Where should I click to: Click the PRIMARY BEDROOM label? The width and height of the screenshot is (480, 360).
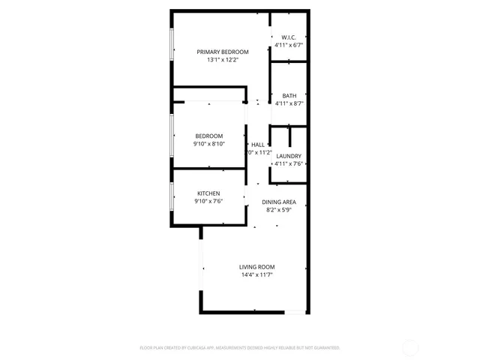[222, 52]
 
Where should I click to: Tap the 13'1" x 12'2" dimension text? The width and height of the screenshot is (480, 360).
[222, 60]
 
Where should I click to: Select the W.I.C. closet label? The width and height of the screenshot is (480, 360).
[289, 37]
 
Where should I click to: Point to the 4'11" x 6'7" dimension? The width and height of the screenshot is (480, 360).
[289, 46]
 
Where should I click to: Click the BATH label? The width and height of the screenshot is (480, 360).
[289, 95]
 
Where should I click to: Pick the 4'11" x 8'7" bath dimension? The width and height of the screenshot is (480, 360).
[289, 103]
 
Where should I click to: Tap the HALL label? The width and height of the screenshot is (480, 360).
[258, 145]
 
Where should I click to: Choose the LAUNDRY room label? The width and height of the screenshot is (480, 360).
[289, 156]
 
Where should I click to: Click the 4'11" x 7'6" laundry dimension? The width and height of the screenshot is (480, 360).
[289, 164]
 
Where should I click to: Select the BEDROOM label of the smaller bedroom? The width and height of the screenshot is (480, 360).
[209, 136]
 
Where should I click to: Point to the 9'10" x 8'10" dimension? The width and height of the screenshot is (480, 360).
[209, 144]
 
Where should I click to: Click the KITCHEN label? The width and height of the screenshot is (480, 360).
[208, 193]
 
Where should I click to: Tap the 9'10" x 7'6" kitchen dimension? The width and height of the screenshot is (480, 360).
[208, 202]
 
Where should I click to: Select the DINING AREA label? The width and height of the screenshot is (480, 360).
[278, 202]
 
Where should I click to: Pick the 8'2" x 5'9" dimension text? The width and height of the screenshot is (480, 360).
[278, 211]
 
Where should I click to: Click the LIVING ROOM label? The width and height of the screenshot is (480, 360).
[256, 267]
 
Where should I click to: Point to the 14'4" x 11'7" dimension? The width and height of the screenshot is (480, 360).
[256, 275]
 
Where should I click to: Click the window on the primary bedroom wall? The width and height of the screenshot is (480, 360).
[172, 48]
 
